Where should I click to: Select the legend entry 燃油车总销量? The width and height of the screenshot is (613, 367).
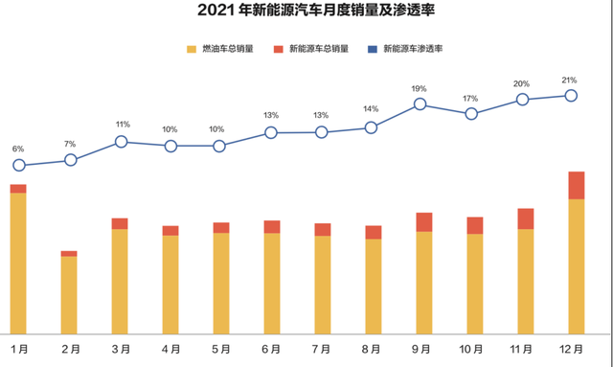point(228,48)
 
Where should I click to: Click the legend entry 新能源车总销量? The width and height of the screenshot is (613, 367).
point(317,48)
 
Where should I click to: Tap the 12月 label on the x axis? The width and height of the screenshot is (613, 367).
point(575,348)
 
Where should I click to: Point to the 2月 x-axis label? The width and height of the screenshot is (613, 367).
point(69,348)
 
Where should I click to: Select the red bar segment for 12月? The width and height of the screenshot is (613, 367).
point(575,185)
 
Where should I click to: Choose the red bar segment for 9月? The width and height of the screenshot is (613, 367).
point(423,222)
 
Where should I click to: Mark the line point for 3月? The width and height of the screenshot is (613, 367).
point(121,141)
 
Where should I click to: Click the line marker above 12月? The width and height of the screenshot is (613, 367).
point(572,95)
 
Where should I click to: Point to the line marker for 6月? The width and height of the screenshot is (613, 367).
point(271,132)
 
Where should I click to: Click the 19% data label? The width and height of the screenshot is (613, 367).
point(420,88)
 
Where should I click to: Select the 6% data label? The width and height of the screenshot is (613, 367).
point(18,149)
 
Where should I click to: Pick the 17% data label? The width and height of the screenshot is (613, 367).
point(470,99)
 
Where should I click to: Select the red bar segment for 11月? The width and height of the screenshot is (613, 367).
point(525,218)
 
